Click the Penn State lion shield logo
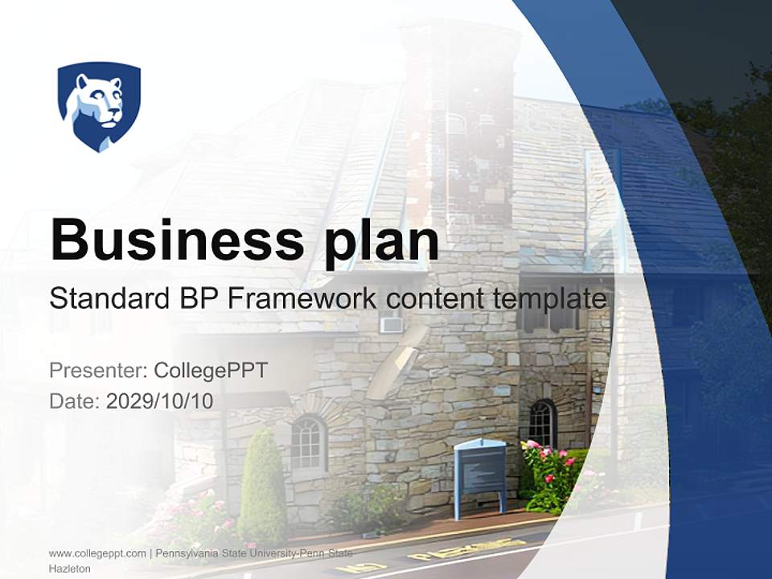[99, 106]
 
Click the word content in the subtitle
[421, 299]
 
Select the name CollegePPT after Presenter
[210, 371]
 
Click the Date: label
[75, 401]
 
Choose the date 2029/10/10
[160, 401]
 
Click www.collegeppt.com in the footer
[97, 553]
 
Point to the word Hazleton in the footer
[69, 569]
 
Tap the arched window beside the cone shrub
[308, 443]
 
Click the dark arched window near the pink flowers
[543, 424]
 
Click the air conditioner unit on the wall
[392, 326]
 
